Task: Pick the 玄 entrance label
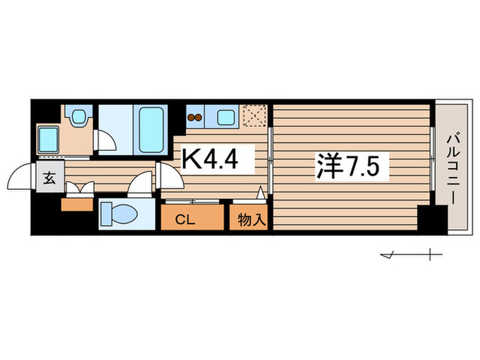[x=50, y=180]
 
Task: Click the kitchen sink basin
[x=226, y=117]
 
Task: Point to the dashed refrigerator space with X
[x=255, y=117]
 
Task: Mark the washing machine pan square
[x=49, y=140]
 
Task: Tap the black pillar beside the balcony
[x=431, y=219]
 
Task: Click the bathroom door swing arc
[x=107, y=141]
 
